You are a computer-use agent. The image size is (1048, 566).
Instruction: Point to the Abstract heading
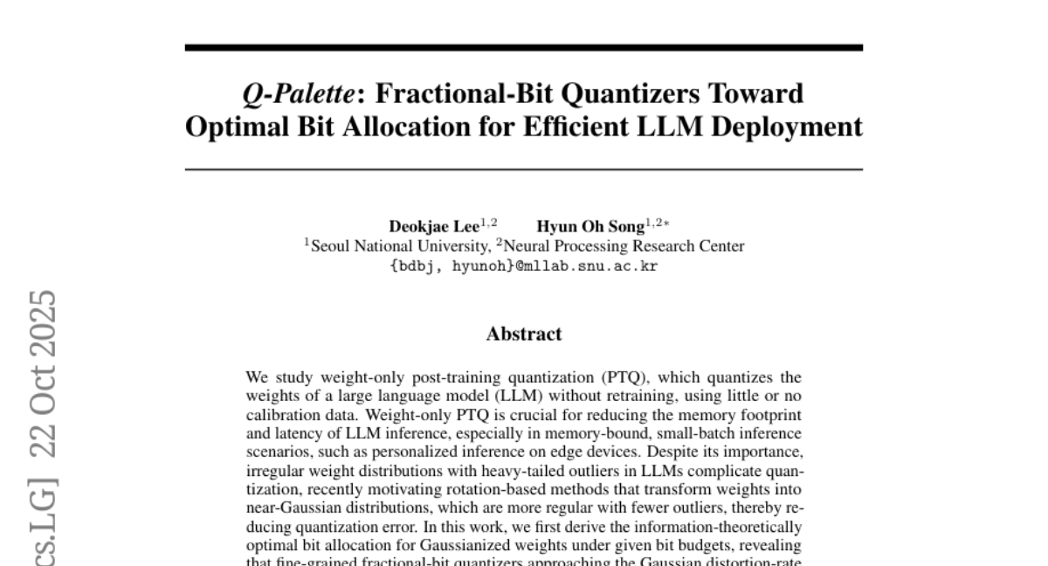523,334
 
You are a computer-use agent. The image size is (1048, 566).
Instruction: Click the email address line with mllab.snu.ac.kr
523,266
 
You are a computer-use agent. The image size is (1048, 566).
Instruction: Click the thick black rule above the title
523,47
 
